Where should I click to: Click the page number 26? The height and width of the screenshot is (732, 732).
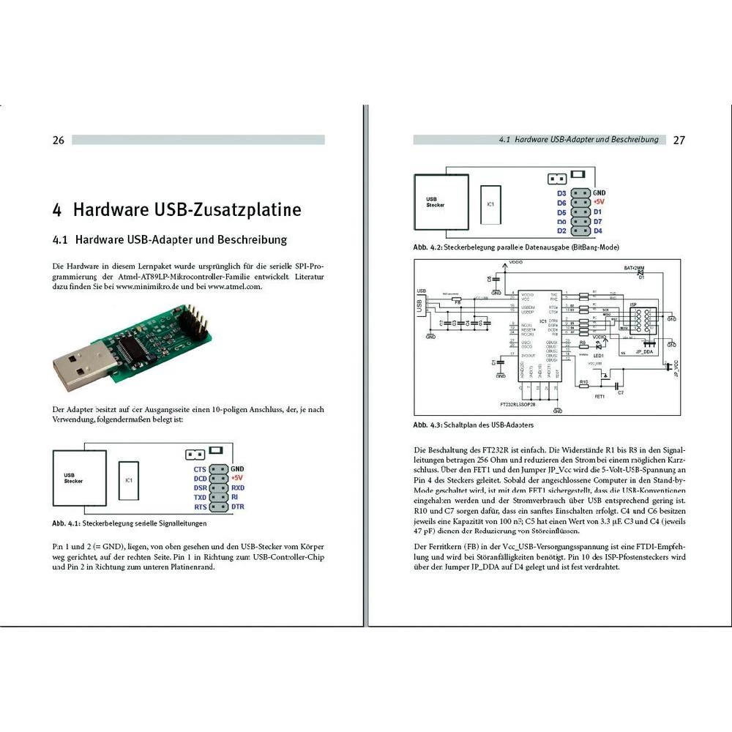(59, 140)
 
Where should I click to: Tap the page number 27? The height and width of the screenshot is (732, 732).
(679, 140)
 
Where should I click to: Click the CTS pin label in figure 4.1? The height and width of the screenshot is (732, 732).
(200, 468)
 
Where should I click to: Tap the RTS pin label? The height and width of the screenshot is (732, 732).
(200, 507)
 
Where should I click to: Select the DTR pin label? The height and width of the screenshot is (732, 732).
(238, 507)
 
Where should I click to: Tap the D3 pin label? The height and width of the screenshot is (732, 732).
(561, 193)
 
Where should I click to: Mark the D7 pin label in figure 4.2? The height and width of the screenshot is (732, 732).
(598, 221)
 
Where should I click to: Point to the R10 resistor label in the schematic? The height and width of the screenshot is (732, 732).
(583, 383)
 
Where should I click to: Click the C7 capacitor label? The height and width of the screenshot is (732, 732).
(621, 393)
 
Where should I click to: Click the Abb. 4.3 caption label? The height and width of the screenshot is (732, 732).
(428, 425)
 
